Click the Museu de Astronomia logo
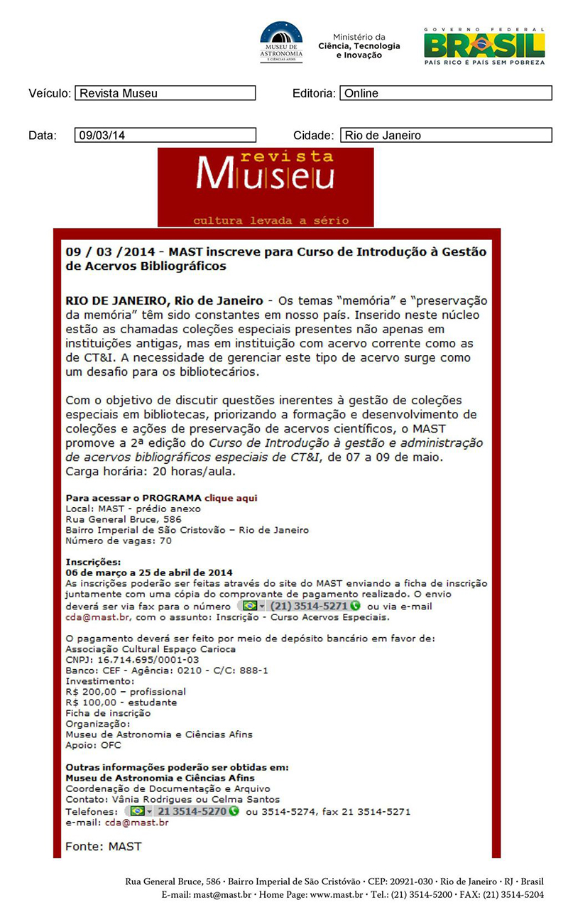pyautogui.click(x=281, y=43)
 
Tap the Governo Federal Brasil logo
pyautogui.click(x=484, y=45)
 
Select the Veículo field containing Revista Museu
pyautogui.click(x=165, y=93)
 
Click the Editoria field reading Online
pyautogui.click(x=445, y=93)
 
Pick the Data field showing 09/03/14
pyautogui.click(x=165, y=135)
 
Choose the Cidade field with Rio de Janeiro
pyautogui.click(x=445, y=135)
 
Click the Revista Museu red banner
pyautogui.click(x=265, y=187)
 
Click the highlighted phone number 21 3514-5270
pyautogui.click(x=182, y=811)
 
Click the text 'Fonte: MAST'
pyautogui.click(x=104, y=846)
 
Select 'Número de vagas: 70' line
pyautogui.click(x=118, y=541)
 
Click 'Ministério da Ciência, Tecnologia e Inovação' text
pyautogui.click(x=359, y=46)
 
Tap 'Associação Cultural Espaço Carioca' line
pyautogui.click(x=151, y=649)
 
